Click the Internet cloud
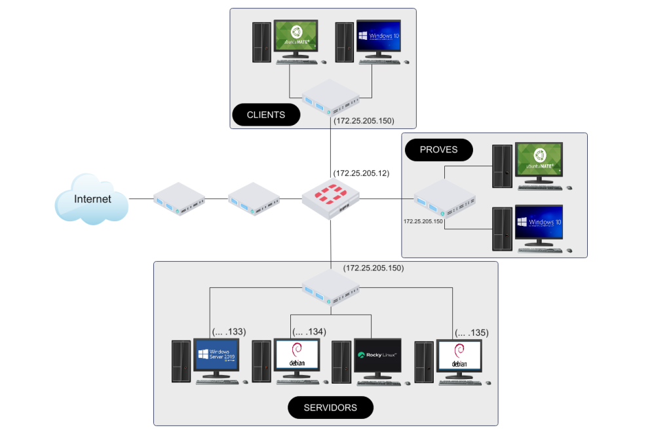pos(91,199)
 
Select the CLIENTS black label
pos(265,115)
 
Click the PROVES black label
pos(438,150)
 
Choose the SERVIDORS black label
pos(330,407)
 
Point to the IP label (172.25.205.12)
pos(361,173)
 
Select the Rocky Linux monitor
pos(377,356)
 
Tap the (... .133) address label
pos(228,332)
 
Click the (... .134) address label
pos(309,332)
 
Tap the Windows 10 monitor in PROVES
pos(539,223)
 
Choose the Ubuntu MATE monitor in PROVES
pos(539,160)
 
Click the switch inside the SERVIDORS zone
pos(330,289)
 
